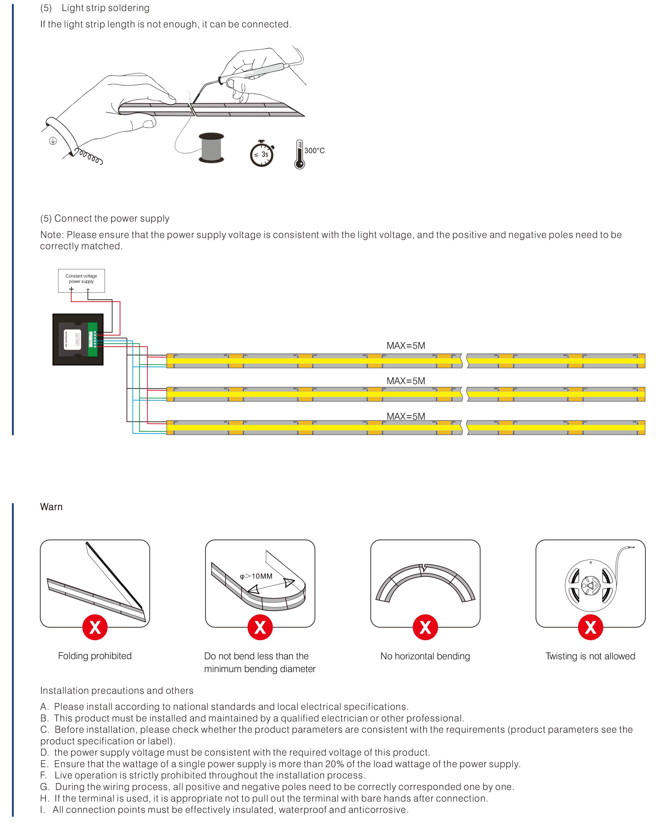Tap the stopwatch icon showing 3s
pyautogui.click(x=262, y=154)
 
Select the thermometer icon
pyautogui.click(x=299, y=154)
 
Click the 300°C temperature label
pyautogui.click(x=314, y=151)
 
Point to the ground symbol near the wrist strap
pyautogui.click(x=53, y=141)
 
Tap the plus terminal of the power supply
pyautogui.click(x=71, y=289)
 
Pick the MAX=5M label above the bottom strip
pyautogui.click(x=406, y=416)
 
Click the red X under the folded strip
pyautogui.click(x=95, y=627)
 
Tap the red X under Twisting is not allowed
pyautogui.click(x=590, y=627)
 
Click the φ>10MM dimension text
pyautogui.click(x=256, y=576)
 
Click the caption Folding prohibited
pyautogui.click(x=95, y=656)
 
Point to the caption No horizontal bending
pyautogui.click(x=425, y=656)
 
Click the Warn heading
pyautogui.click(x=51, y=507)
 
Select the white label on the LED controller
pyautogui.click(x=72, y=339)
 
